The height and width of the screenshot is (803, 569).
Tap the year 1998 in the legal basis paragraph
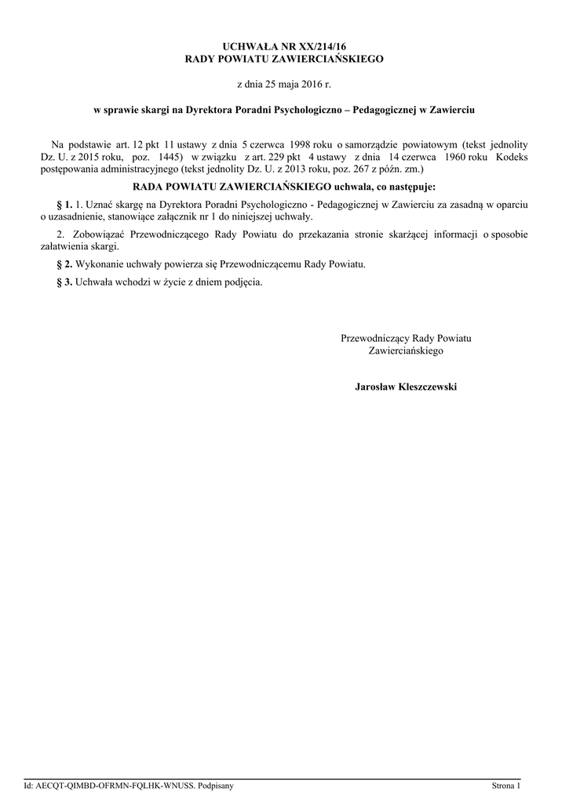point(303,144)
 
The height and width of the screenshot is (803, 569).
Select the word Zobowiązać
point(96,234)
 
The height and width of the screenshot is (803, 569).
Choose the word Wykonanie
point(99,265)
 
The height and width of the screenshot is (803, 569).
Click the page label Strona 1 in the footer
point(506,785)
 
